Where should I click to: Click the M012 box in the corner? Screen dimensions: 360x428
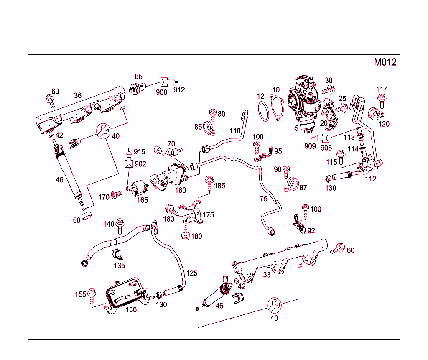tap(385, 62)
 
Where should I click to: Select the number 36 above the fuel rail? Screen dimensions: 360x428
tap(78, 95)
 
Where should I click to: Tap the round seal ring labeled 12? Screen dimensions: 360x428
tap(263, 111)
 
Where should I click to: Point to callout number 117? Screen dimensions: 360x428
tap(381, 89)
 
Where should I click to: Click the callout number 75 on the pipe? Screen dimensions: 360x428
tap(263, 199)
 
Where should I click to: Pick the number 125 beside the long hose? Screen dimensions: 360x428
tap(191, 273)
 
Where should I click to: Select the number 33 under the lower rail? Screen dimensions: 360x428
tap(267, 275)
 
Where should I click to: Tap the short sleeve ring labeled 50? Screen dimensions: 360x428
tap(86, 216)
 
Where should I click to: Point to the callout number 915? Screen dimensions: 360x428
tap(140, 152)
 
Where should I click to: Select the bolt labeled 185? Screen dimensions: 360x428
tap(208, 183)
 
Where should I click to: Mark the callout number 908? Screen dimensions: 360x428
tap(161, 92)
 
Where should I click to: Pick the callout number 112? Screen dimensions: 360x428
tap(370, 179)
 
